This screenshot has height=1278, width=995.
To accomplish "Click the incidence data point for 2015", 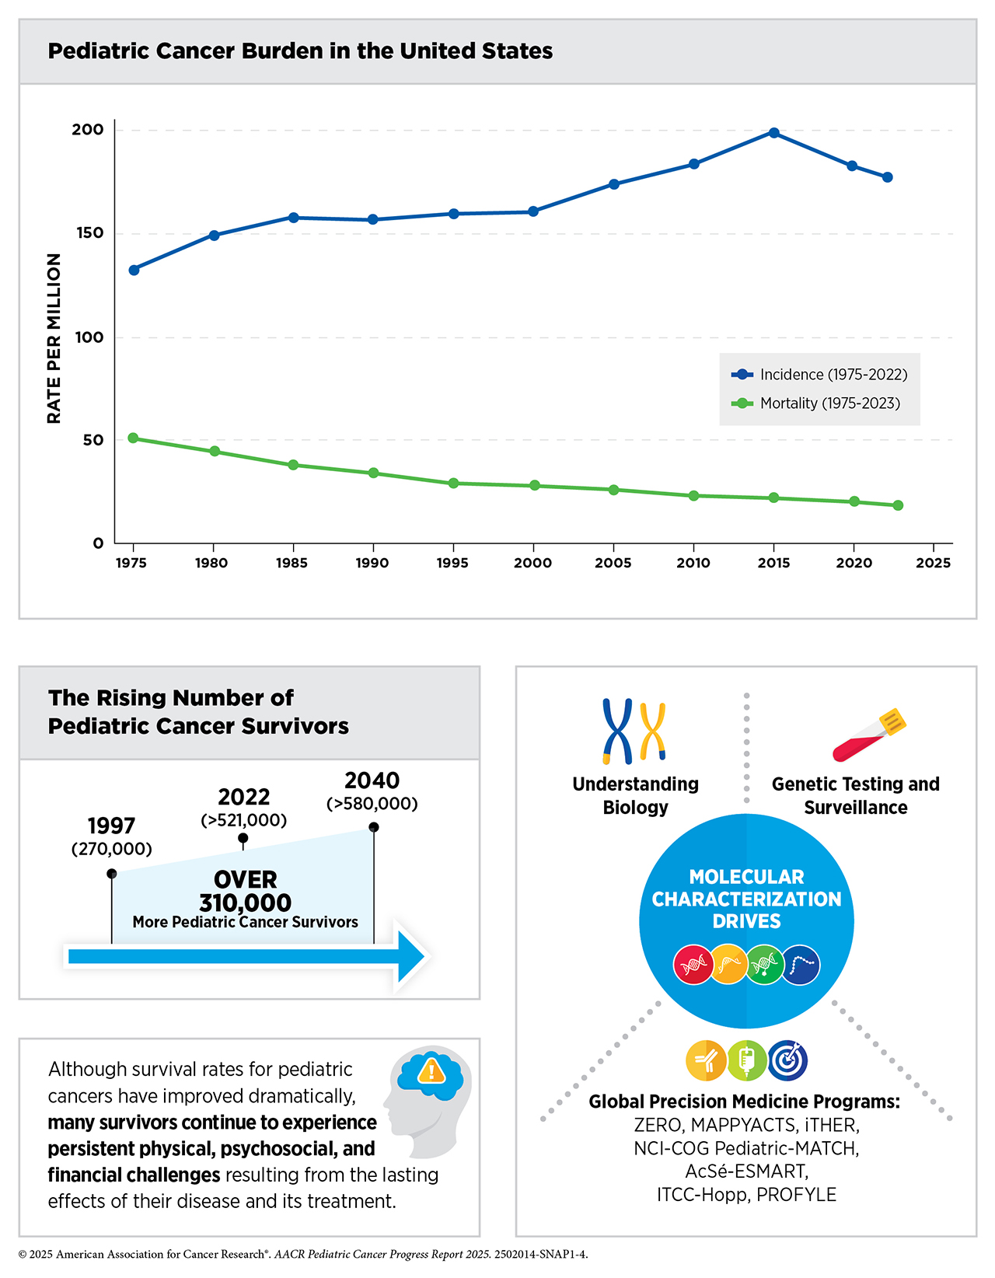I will point(773,133).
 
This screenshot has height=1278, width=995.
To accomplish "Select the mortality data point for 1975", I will point(133,438).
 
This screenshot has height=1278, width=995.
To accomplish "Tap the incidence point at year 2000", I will point(533,211).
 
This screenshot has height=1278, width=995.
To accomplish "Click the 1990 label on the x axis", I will point(372,564).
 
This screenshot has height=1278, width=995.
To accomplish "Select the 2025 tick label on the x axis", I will point(933,564).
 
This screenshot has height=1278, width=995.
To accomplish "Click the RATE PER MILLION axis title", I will point(54,338).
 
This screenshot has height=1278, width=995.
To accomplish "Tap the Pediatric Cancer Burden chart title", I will point(300,51).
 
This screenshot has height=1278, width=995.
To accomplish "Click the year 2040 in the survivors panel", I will point(372,780).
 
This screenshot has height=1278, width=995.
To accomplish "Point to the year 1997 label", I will point(111,826).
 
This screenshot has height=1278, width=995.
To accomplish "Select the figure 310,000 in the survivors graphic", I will point(245,903).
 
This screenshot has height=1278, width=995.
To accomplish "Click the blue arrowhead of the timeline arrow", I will point(410,956).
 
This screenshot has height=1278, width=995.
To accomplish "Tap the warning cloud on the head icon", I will point(431,1074).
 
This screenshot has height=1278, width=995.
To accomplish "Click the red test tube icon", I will point(869,735).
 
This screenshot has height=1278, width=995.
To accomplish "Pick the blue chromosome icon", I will point(618,730).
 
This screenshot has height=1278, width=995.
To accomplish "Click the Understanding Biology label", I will point(635,795).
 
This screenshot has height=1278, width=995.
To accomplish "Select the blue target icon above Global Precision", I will point(787,1060).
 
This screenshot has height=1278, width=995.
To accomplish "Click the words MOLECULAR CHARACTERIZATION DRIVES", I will point(746,899).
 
